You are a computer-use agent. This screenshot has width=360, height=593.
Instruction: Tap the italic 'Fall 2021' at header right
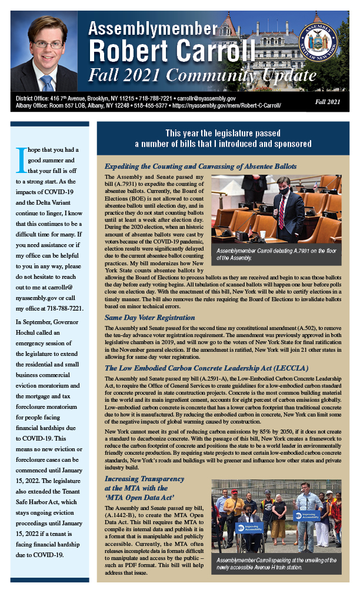coord(327,102)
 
